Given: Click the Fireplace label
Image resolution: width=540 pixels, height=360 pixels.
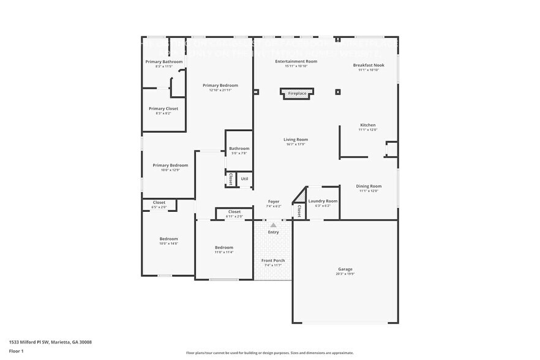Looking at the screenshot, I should [297, 94].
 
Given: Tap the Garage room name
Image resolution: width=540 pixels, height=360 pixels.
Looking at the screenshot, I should [345, 269].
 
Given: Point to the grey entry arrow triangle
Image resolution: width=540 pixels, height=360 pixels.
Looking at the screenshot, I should [273, 225].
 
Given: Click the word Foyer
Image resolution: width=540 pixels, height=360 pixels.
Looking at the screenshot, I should [274, 201].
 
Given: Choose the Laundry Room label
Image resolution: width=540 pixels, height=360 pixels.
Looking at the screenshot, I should [323, 201].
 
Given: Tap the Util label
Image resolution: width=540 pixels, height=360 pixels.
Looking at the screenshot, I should [244, 179].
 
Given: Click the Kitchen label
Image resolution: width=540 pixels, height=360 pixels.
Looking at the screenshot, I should [367, 125].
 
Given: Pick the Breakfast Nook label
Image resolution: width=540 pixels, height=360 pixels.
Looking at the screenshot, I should [369, 65].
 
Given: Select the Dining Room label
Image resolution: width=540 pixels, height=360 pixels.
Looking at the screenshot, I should [369, 186].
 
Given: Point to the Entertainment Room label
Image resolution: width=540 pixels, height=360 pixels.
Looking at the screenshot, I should [296, 61].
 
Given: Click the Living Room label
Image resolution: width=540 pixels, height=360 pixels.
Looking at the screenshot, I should [295, 140].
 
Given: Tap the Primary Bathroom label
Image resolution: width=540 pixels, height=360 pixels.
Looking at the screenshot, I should [164, 61].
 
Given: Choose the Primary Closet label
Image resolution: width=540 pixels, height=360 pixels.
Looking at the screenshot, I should [163, 108].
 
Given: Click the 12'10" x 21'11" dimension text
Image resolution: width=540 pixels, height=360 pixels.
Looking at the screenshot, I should [220, 90].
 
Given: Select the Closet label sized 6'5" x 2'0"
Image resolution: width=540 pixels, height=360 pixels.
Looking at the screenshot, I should [159, 202].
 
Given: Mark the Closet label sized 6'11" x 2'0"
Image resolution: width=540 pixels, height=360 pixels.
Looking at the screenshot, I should [234, 212].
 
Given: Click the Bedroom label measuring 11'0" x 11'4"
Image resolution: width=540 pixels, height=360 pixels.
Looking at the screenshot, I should [223, 247].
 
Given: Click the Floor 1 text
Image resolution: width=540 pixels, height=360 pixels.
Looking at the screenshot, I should [16, 351].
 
